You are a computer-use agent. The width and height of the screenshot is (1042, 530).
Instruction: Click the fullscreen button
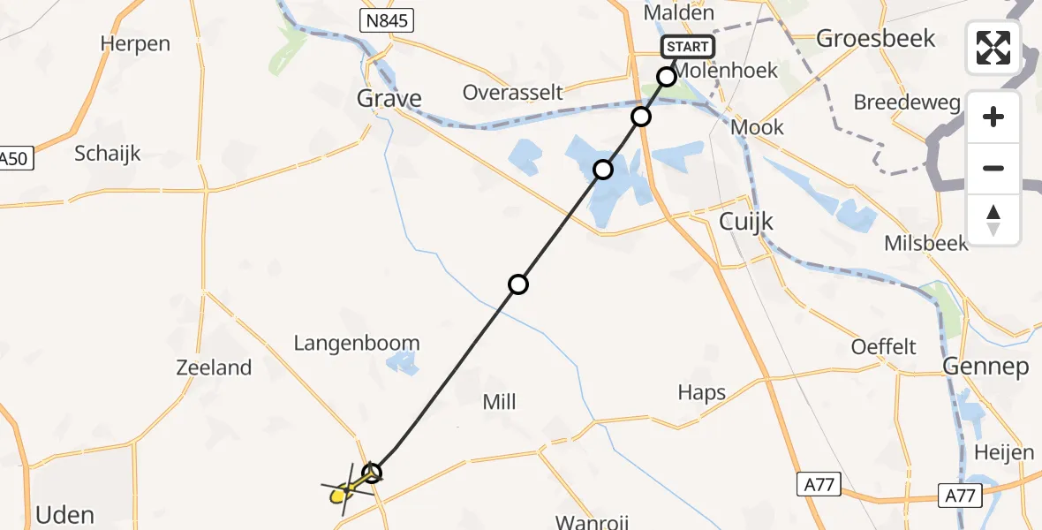click(x=993, y=48)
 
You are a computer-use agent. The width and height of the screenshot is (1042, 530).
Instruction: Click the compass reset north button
click(x=993, y=220)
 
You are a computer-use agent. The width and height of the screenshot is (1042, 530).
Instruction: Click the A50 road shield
click(x=15, y=160)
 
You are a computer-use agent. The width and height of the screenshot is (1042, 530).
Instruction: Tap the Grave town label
click(x=389, y=98)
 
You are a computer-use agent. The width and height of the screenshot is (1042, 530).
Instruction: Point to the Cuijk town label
click(x=746, y=222)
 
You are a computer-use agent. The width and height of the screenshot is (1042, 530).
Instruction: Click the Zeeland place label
click(x=214, y=367)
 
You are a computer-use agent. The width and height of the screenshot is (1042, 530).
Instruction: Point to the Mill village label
click(x=499, y=402)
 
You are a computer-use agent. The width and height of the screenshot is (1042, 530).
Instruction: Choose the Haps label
click(x=702, y=392)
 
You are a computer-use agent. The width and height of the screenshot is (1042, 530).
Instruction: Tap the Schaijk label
click(x=107, y=153)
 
